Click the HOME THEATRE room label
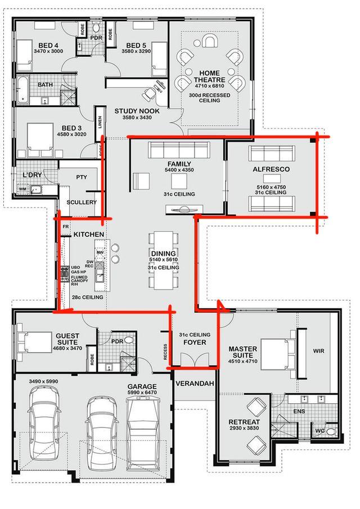(x=209, y=76)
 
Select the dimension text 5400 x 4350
(x=179, y=170)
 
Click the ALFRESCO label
(x=271, y=169)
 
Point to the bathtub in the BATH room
(x=22, y=91)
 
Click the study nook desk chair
(x=149, y=94)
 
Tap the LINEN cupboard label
(x=100, y=123)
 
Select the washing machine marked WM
(x=22, y=189)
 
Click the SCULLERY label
(x=82, y=202)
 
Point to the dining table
(x=164, y=260)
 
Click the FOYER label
(x=195, y=342)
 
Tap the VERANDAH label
(x=195, y=384)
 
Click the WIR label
(x=318, y=351)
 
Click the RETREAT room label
(x=244, y=422)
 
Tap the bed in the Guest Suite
(x=34, y=342)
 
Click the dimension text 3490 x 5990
(x=43, y=381)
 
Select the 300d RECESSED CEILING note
(x=209, y=98)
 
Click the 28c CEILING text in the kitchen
(x=87, y=297)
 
